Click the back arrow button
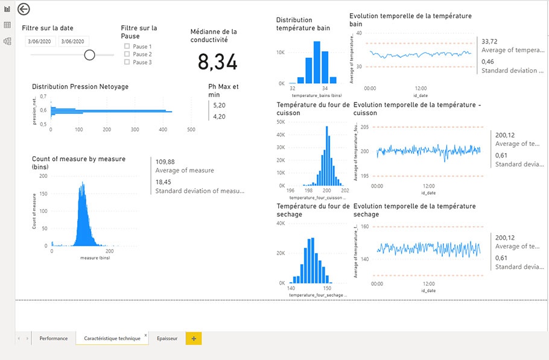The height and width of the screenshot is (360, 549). pyautogui.click(x=24, y=9)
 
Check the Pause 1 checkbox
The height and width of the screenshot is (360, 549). pyautogui.click(x=127, y=46)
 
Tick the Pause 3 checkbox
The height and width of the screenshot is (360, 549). pyautogui.click(x=127, y=62)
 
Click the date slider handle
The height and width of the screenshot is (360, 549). pyautogui.click(x=90, y=55)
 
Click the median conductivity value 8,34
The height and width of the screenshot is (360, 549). pyautogui.click(x=217, y=62)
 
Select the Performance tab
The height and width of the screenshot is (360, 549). pyautogui.click(x=54, y=338)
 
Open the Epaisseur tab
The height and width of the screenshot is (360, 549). pyautogui.click(x=167, y=338)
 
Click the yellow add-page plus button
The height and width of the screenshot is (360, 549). pyautogui.click(x=194, y=338)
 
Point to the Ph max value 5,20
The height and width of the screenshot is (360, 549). pyautogui.click(x=219, y=105)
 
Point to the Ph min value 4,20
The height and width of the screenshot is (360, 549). pyautogui.click(x=219, y=116)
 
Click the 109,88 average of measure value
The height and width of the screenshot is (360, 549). pyautogui.click(x=165, y=162)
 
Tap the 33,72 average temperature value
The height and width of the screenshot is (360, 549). pyautogui.click(x=489, y=42)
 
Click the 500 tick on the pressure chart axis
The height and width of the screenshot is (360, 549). pyautogui.click(x=191, y=130)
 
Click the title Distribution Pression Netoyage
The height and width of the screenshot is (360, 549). pyautogui.click(x=80, y=87)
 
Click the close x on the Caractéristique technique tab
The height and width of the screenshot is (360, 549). pyautogui.click(x=145, y=334)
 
